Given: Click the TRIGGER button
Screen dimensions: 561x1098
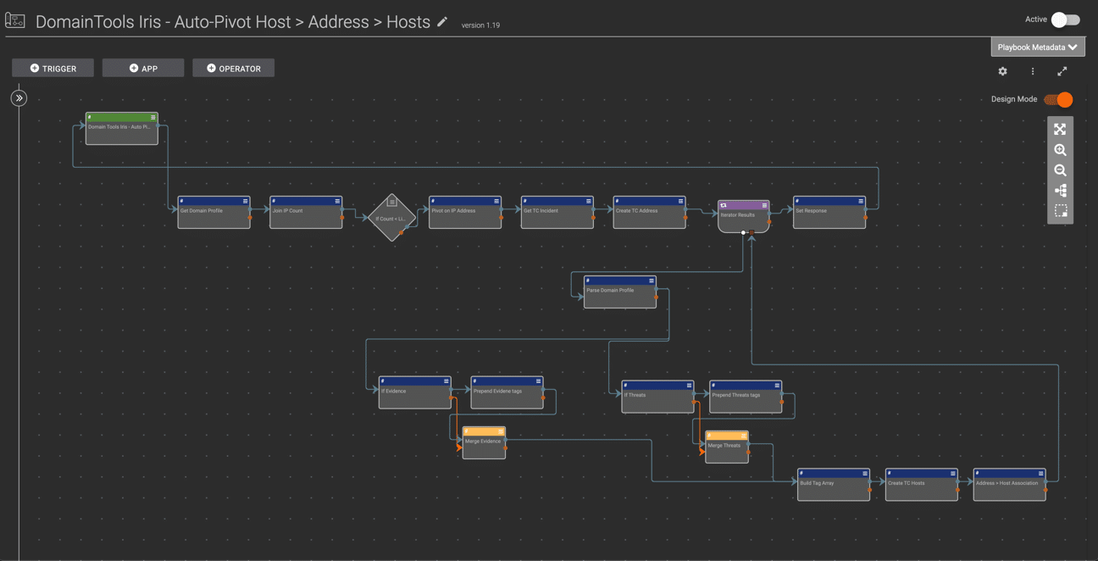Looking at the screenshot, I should pos(53,69).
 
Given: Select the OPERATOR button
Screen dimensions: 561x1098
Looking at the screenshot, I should pos(233,69).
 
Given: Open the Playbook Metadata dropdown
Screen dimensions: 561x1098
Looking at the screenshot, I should pos(1037,47).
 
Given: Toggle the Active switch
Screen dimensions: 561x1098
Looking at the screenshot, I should pos(1065,19).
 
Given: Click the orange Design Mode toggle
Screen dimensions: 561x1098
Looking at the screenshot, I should pos(1059,99).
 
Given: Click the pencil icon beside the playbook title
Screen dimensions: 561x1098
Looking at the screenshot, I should pos(442,22).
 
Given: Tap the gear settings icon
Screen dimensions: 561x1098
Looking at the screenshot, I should pos(1002,72).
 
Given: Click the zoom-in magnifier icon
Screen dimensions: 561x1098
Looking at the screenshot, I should pos(1060,150).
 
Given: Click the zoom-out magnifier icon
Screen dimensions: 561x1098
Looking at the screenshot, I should pos(1060,170).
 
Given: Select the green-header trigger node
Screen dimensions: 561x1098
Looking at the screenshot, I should pos(121,129).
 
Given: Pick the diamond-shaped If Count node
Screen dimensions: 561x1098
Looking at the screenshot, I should pos(391,217).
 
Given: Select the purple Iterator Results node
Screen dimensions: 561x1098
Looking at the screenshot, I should pos(743,216).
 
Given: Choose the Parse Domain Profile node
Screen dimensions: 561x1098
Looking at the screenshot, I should pos(619,292).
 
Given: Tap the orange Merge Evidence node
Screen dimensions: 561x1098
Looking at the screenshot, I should pos(484,443).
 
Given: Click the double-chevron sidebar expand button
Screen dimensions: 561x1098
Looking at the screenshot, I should pos(19,98).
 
